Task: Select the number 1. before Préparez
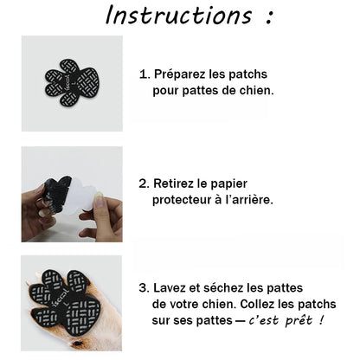click(x=145, y=74)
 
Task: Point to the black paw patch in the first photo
click(x=72, y=83)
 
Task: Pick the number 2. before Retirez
click(x=145, y=183)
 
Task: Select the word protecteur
click(x=188, y=199)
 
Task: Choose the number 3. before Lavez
click(x=145, y=289)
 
